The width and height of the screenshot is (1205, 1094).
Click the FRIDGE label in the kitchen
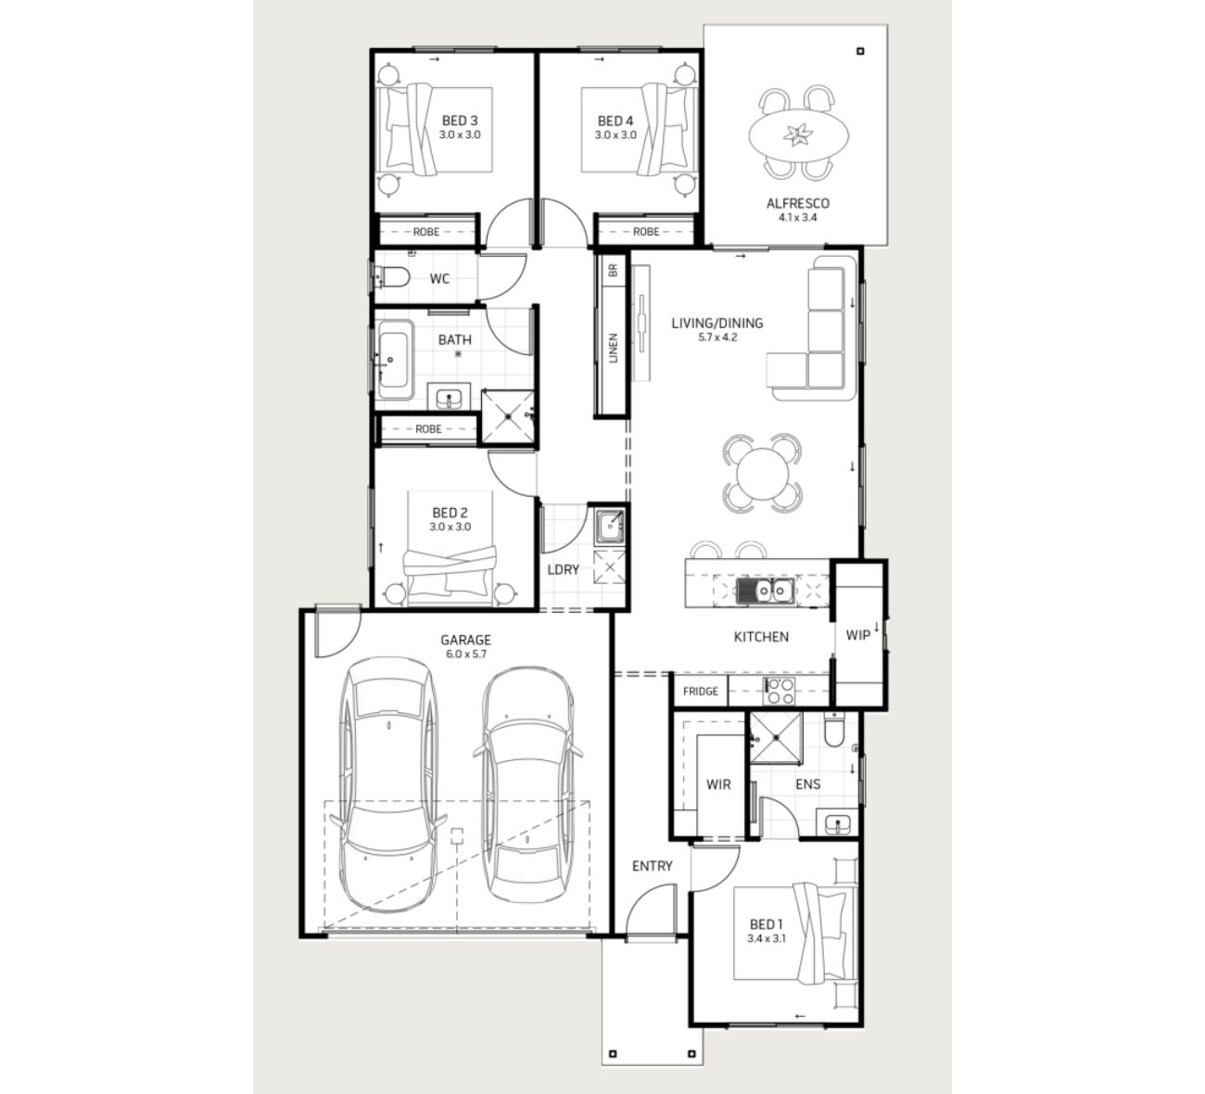coord(701,692)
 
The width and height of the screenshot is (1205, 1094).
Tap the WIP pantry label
coord(857,635)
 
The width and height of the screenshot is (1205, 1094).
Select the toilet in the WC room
coord(393,277)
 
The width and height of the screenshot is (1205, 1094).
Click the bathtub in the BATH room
coord(394,360)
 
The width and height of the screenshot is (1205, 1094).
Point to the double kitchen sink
coord(766,591)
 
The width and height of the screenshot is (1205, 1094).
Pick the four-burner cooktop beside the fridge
coord(779,692)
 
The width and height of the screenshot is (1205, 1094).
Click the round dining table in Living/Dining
coord(762,473)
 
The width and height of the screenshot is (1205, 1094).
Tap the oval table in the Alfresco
coord(798,134)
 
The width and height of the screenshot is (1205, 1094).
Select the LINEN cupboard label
coord(614,348)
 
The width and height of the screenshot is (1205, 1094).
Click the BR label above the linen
coord(614,271)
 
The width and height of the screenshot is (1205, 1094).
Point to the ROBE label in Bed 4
coord(646,232)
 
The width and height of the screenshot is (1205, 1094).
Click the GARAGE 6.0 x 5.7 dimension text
coord(465,654)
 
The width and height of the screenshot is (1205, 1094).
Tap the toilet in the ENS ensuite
coord(834,730)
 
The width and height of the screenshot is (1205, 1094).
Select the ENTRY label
coord(652,866)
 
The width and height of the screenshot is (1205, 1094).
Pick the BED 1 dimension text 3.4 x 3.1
coord(766,938)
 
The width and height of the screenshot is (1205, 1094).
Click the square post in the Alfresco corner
coord(860,52)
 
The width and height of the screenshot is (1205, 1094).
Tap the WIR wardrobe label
coord(718,783)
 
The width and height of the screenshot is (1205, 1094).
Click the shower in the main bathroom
coord(508,416)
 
